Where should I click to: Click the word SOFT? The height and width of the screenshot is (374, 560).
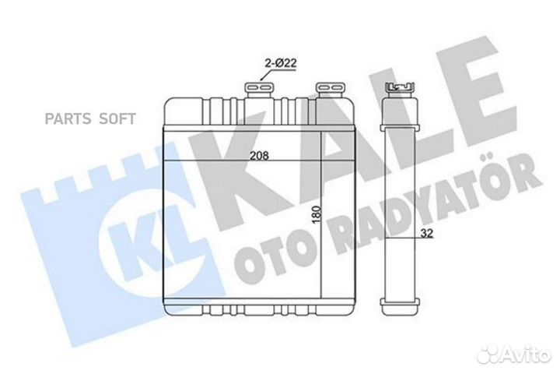(x=116, y=119)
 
